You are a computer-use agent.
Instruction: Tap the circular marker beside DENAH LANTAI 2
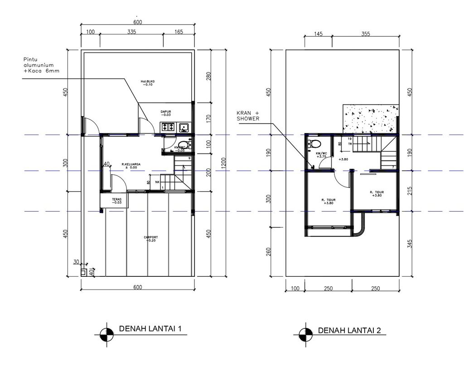tap(305, 335)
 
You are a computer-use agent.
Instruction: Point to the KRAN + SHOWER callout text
tap(247, 116)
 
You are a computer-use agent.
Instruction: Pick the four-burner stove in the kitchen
tap(167, 127)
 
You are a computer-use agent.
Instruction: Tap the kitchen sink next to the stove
tap(184, 127)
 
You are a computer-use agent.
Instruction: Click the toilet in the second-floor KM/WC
tap(314, 144)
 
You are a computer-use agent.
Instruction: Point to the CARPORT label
tap(150, 239)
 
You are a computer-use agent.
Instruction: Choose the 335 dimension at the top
tap(131, 32)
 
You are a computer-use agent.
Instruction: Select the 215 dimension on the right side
tap(410, 190)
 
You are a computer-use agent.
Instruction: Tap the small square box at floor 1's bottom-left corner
tap(84, 273)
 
